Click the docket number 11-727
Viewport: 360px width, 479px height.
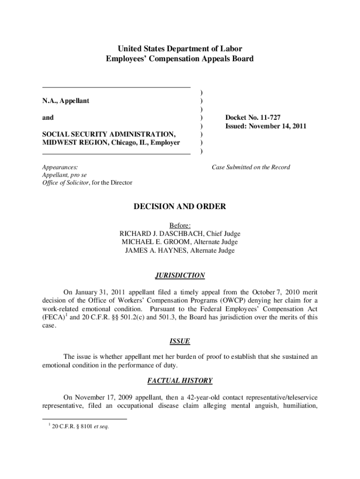268,118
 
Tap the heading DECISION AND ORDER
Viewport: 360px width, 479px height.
180,206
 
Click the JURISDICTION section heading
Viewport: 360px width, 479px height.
180,276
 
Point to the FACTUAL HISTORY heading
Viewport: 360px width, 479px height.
180,381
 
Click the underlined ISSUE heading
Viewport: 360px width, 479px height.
180,341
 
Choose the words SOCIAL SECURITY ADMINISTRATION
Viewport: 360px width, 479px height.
109,134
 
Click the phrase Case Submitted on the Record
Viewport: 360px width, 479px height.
251,167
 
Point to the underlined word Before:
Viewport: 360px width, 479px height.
180,225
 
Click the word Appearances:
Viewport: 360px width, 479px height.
60,167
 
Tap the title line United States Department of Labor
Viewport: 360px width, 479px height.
180,49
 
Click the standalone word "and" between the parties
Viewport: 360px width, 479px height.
48,118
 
